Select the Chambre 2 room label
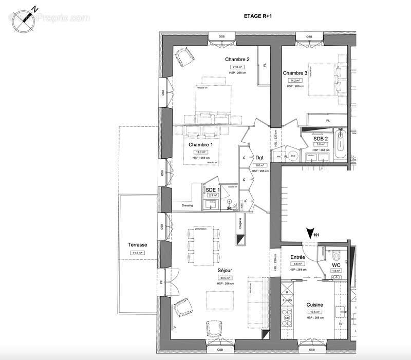[237, 59]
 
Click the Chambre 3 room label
[295, 73]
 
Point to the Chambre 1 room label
[199, 145]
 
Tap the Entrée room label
[298, 257]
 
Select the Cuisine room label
[314, 304]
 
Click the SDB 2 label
[322, 138]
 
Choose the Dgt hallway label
[259, 158]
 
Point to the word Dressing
[187, 206]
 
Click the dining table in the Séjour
[204, 247]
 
